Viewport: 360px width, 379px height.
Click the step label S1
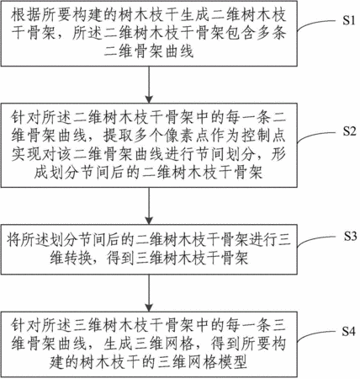[x=348, y=20]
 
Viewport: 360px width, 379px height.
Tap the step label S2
[x=349, y=131]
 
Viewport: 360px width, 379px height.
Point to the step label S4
[x=348, y=332]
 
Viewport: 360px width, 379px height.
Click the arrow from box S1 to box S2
[x=149, y=85]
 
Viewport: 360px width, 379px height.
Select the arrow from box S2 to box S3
[x=149, y=206]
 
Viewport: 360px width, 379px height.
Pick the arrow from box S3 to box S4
[x=149, y=292]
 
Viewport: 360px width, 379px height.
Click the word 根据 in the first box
[x=26, y=15]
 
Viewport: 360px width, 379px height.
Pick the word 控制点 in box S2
[x=263, y=136]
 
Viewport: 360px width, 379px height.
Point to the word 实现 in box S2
[x=26, y=154]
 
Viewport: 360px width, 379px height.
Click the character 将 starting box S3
[x=13, y=240]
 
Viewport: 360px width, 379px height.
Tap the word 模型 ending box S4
[x=232, y=361]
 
